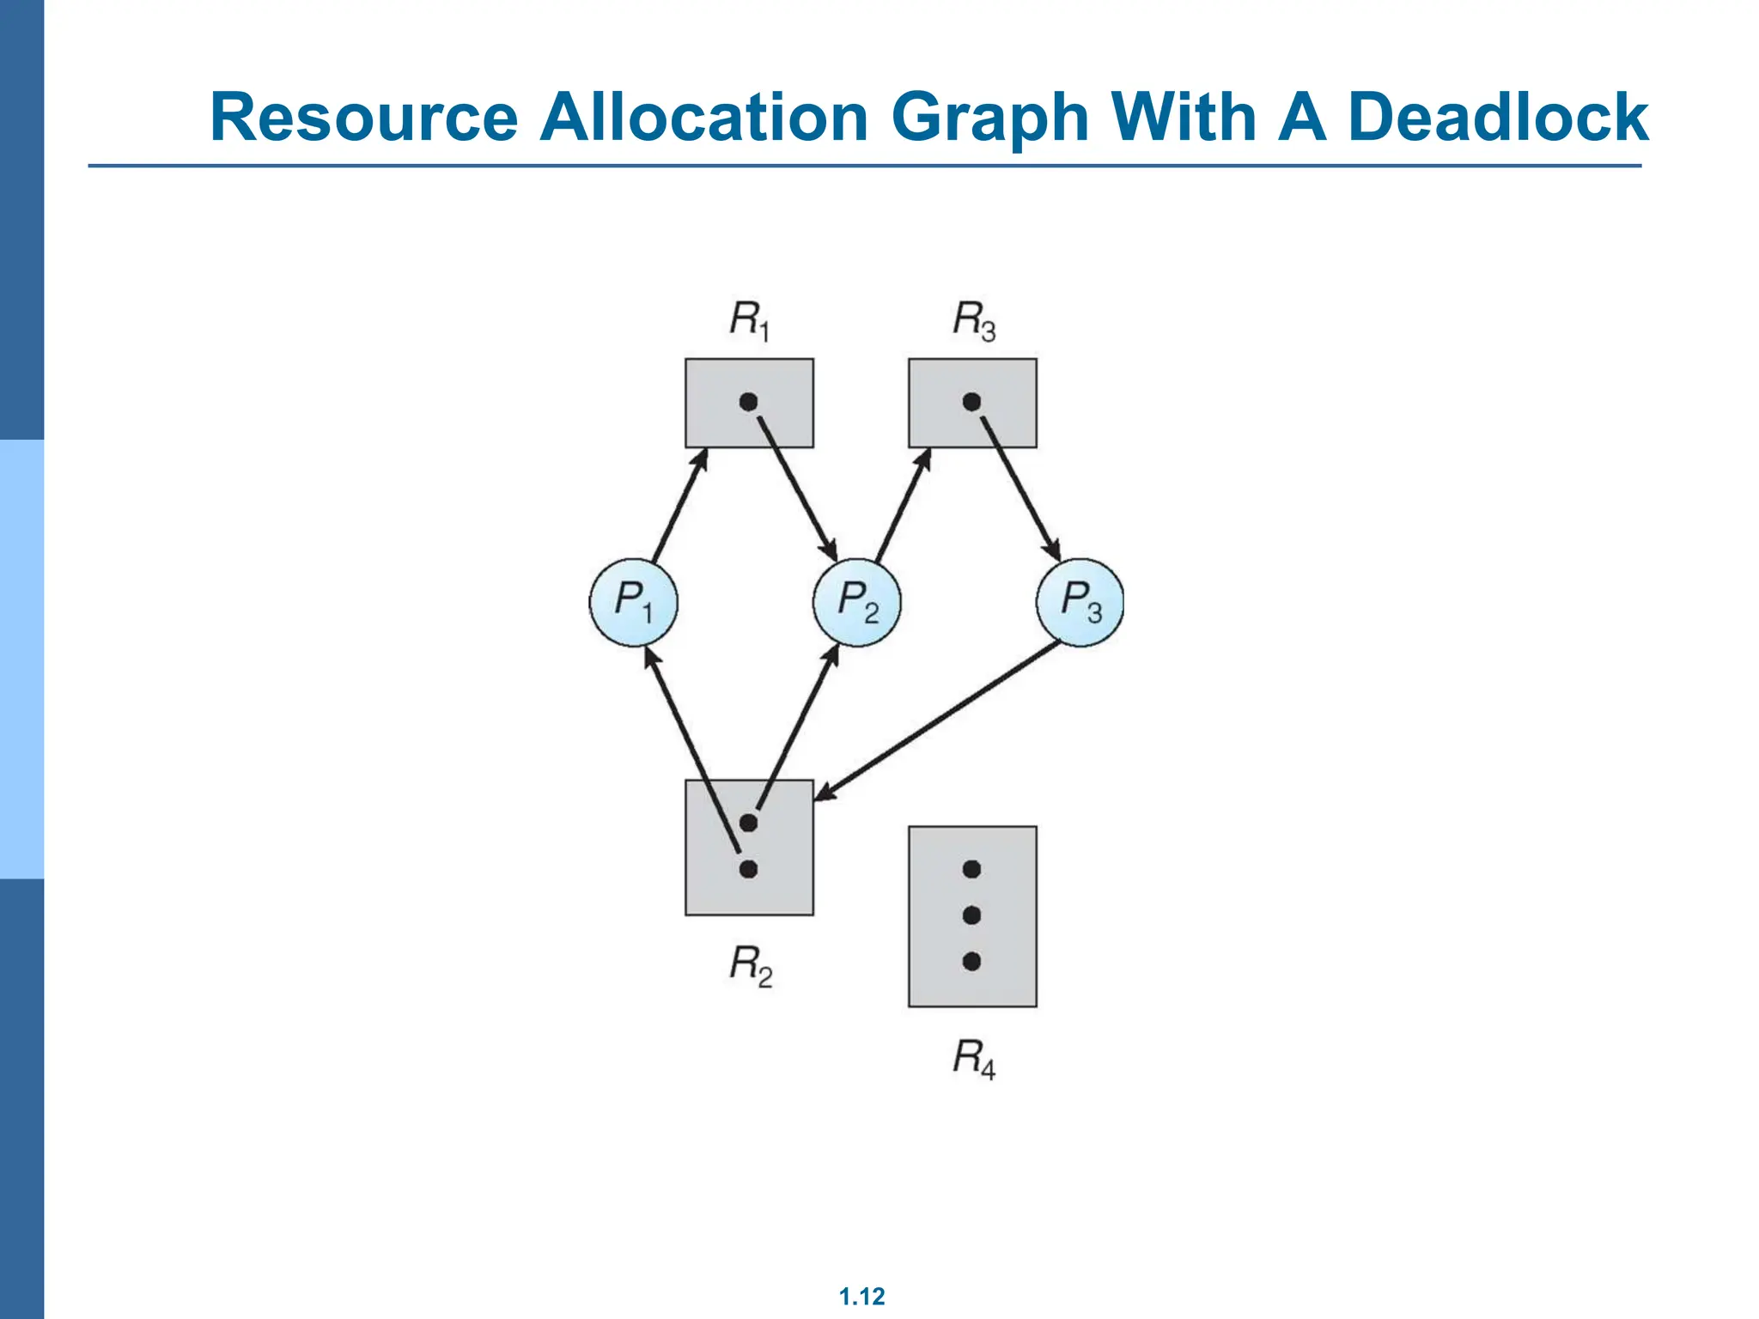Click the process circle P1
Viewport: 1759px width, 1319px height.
point(634,602)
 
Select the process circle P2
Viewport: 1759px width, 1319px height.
point(857,602)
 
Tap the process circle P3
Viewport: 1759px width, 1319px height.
point(1080,602)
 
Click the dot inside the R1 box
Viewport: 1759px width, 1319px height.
point(748,402)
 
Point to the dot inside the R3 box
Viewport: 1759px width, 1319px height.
point(971,402)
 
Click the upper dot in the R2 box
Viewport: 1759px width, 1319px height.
point(748,823)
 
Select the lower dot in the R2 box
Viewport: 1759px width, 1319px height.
point(748,869)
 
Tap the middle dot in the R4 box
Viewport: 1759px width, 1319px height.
point(971,915)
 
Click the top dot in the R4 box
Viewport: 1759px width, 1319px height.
point(971,869)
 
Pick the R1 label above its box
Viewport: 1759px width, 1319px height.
point(749,320)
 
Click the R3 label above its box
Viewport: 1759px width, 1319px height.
point(973,320)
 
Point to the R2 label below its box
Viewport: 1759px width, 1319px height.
point(750,965)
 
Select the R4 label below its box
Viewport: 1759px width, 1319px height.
point(973,1058)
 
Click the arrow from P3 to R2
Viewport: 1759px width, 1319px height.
point(936,721)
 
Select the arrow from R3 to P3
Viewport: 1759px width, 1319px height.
point(1019,486)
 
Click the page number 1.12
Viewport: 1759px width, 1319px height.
point(861,1296)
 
